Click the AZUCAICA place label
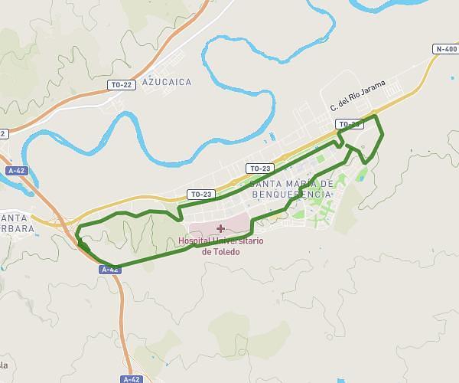pyautogui.click(x=167, y=80)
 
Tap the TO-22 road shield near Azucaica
pyautogui.click(x=121, y=84)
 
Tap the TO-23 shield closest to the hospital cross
pyautogui.click(x=200, y=194)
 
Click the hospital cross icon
pyautogui.click(x=220, y=228)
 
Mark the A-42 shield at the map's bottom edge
pyautogui.click(x=131, y=378)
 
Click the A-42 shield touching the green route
pyautogui.click(x=110, y=270)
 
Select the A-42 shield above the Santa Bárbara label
pyautogui.click(x=15, y=170)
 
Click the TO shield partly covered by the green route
pyautogui.click(x=349, y=124)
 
